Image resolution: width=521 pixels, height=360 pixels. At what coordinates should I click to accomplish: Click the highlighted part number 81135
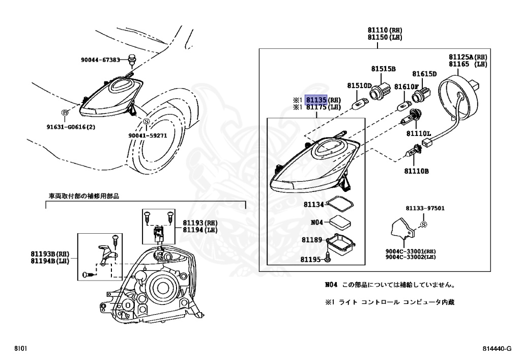315,100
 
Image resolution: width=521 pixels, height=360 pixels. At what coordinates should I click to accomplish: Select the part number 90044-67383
100,60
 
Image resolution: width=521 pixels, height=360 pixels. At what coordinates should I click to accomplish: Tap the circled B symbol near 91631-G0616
65,113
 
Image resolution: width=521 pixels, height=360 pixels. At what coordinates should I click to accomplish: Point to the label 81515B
383,68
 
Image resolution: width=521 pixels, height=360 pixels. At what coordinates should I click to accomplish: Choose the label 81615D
424,74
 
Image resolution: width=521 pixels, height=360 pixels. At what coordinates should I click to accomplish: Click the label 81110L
418,133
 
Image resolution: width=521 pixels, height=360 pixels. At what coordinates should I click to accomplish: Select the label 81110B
418,171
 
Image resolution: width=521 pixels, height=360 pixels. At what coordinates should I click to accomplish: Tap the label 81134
314,205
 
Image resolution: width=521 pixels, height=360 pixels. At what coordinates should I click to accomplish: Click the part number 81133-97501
425,208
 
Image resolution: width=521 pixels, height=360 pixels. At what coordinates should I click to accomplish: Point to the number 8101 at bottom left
20,349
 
